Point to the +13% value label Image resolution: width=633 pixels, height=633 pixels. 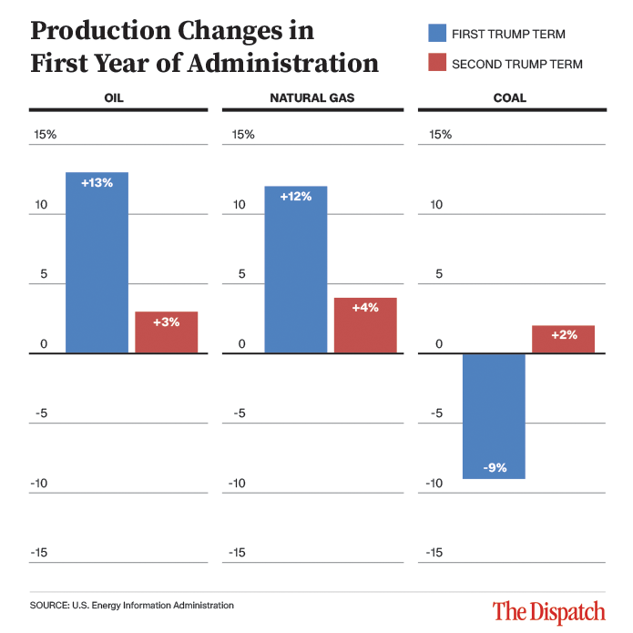pyautogui.click(x=97, y=183)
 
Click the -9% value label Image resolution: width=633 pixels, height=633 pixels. pyautogui.click(x=494, y=468)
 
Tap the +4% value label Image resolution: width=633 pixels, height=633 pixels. pyautogui.click(x=364, y=308)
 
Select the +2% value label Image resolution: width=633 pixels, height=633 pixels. pyautogui.click(x=563, y=335)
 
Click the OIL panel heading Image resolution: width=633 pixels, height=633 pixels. pyautogui.click(x=116, y=98)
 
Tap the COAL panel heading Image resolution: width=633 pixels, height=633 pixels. pyautogui.click(x=509, y=98)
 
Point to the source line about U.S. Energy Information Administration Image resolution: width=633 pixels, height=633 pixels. pyautogui.click(x=131, y=605)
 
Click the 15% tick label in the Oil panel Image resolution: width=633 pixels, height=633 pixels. pyautogui.click(x=46, y=135)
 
